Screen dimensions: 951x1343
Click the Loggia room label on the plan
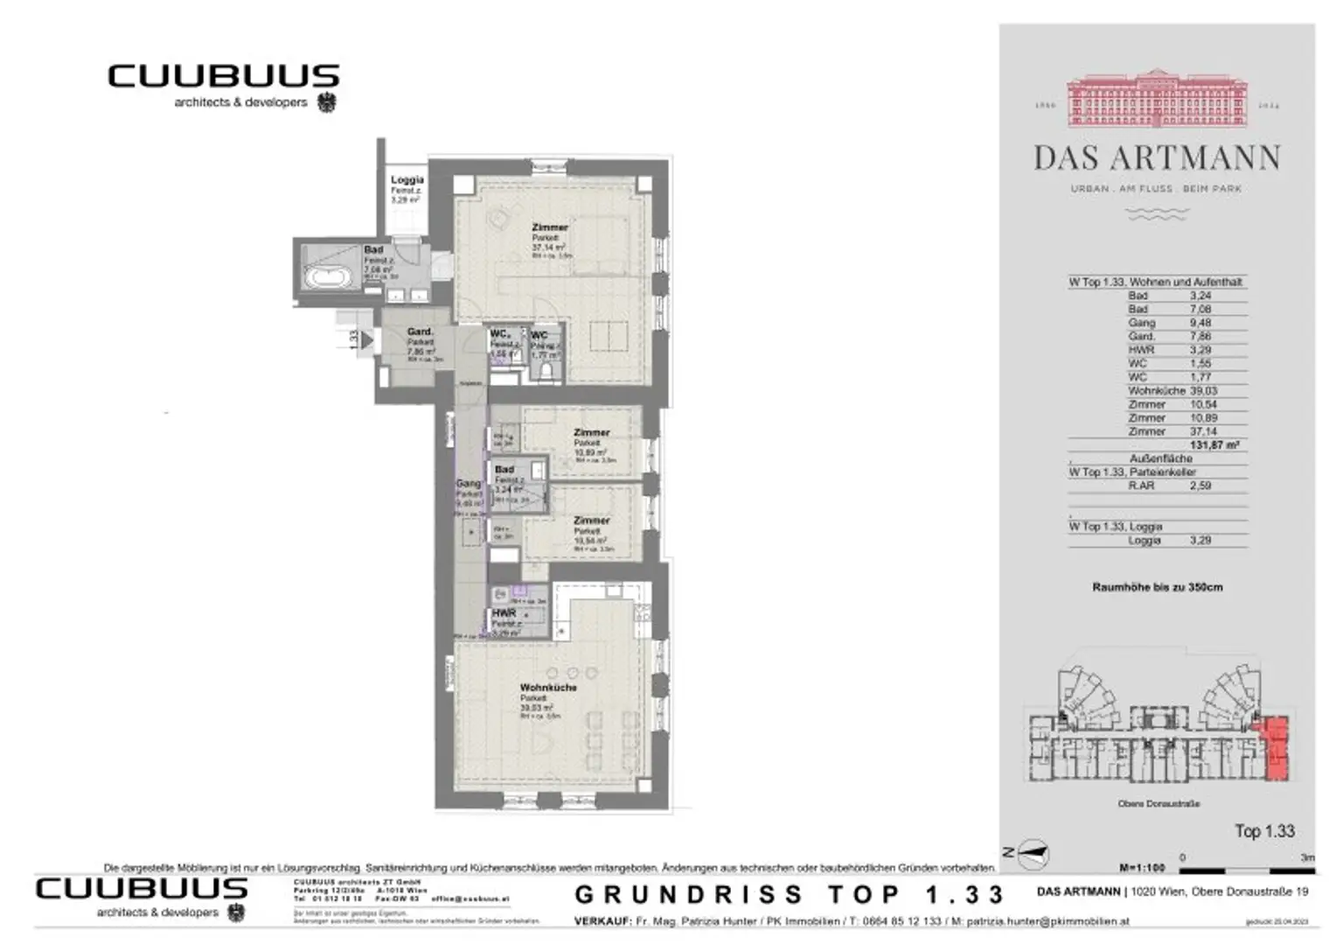407,180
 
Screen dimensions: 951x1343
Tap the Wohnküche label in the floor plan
548,688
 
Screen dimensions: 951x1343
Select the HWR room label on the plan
504,613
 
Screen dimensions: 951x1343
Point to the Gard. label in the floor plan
420,332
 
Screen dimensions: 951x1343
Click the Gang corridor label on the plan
468,484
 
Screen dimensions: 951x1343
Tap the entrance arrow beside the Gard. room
367,339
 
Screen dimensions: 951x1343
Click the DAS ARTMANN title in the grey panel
1157,158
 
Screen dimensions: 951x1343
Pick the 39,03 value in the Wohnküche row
1202,391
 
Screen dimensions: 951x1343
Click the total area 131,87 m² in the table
1214,445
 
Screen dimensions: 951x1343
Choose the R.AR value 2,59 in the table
1200,486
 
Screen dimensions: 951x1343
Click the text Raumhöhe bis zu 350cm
1157,587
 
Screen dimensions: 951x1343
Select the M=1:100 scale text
1142,868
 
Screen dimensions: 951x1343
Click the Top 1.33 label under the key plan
1263,831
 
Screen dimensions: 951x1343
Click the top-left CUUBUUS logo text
223,76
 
